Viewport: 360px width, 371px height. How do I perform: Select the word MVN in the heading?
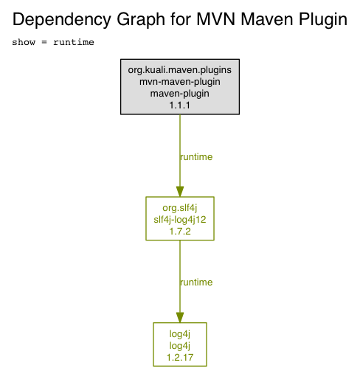216,19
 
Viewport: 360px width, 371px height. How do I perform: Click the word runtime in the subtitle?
74,42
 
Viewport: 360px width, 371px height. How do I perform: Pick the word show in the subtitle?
24,42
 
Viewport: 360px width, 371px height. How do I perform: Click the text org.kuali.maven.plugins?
180,70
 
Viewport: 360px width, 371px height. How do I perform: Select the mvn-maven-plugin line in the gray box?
180,82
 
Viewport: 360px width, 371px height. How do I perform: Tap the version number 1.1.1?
180,105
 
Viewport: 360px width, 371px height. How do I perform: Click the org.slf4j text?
180,208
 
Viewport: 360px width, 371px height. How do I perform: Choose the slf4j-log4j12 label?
180,220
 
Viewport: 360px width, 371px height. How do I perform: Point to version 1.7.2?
180,232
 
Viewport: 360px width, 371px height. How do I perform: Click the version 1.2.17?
180,358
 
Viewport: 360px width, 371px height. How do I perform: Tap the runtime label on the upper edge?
196,157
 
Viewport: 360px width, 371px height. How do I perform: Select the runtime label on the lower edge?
196,282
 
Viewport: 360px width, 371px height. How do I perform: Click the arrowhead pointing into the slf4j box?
180,192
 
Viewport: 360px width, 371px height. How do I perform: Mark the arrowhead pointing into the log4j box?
180,318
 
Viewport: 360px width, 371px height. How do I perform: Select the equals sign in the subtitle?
44,42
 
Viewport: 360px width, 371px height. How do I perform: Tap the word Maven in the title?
267,19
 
